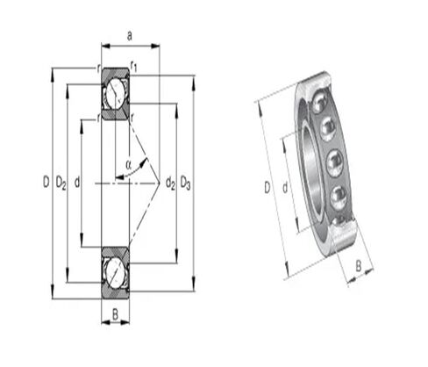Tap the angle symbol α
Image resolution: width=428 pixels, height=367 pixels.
point(128,162)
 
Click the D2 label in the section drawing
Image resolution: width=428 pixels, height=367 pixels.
point(61,183)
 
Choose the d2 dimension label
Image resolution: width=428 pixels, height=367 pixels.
point(169,183)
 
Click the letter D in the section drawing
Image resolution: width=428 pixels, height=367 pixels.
point(45,183)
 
